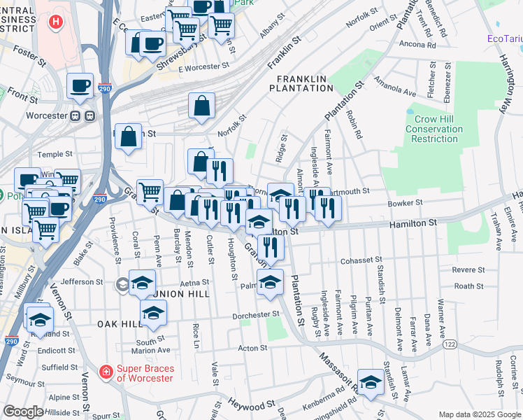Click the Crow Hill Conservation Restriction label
click(x=434, y=129)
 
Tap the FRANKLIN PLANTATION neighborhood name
click(x=304, y=83)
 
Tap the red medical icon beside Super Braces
click(x=106, y=370)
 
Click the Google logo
click(x=23, y=412)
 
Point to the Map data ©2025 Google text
click(x=479, y=414)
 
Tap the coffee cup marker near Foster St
click(x=80, y=86)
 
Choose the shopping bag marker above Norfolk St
click(x=201, y=106)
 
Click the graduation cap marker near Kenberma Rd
click(x=371, y=382)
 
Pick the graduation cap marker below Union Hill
click(x=153, y=314)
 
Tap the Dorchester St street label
click(x=256, y=315)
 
